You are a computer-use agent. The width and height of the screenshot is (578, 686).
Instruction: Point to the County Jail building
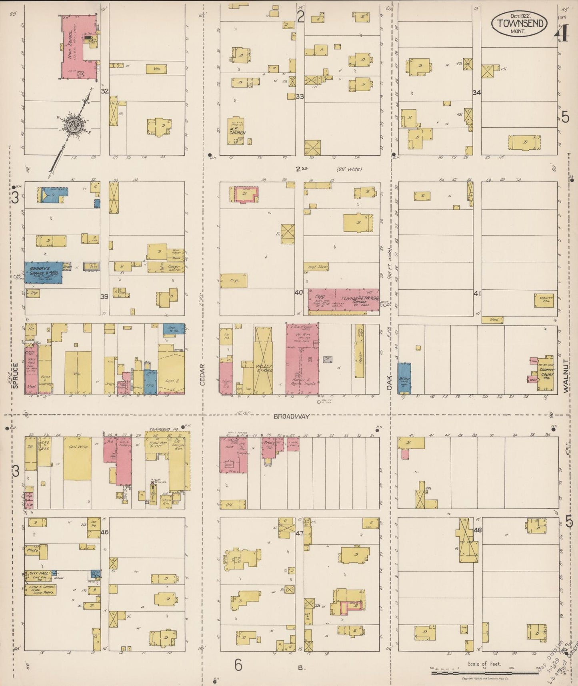544,300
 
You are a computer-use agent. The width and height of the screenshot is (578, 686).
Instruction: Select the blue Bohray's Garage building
43,273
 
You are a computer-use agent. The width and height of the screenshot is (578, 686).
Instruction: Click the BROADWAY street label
292,417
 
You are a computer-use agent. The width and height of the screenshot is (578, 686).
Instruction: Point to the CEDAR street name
202,375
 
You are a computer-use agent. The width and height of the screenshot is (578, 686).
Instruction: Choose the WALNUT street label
566,376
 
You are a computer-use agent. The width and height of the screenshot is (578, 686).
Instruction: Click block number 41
477,293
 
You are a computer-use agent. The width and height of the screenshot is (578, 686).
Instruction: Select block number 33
300,96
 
